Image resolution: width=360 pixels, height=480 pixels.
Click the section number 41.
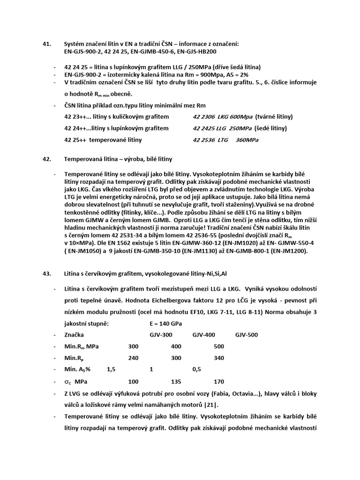[46, 44]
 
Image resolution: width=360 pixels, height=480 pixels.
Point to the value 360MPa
[247, 140]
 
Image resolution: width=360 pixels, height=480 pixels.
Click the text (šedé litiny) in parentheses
[271, 128]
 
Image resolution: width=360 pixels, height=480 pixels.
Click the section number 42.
[46, 159]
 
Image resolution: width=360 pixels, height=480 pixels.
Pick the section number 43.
[46, 273]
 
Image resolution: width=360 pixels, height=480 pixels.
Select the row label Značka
[74, 335]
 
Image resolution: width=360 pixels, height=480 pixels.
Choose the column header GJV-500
[246, 335]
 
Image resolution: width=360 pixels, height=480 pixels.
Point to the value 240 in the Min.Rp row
[134, 358]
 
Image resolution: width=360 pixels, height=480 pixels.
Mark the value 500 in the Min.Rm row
[218, 347]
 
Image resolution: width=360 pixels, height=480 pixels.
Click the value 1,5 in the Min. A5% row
[111, 369]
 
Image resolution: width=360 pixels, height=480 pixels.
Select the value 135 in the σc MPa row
[176, 381]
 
